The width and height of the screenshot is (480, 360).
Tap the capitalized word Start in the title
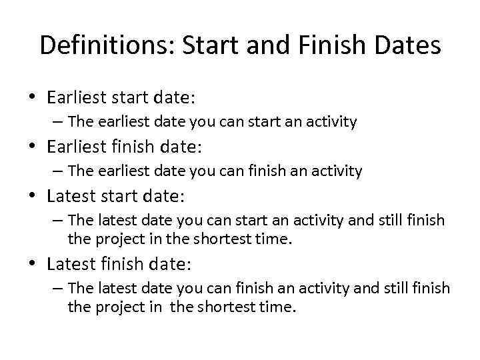206,45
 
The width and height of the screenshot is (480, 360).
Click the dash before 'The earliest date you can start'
56,122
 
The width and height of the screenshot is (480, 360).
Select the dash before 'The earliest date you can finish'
56,171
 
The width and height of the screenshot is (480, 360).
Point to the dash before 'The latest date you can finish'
56,289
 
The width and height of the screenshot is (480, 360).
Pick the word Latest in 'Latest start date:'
70,196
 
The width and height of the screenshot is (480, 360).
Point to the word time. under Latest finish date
279,307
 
